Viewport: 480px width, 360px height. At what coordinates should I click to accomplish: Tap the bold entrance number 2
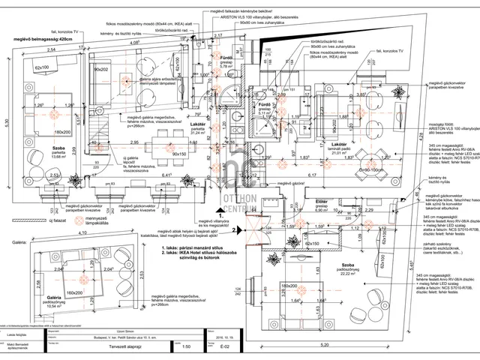click(x=234, y=230)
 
